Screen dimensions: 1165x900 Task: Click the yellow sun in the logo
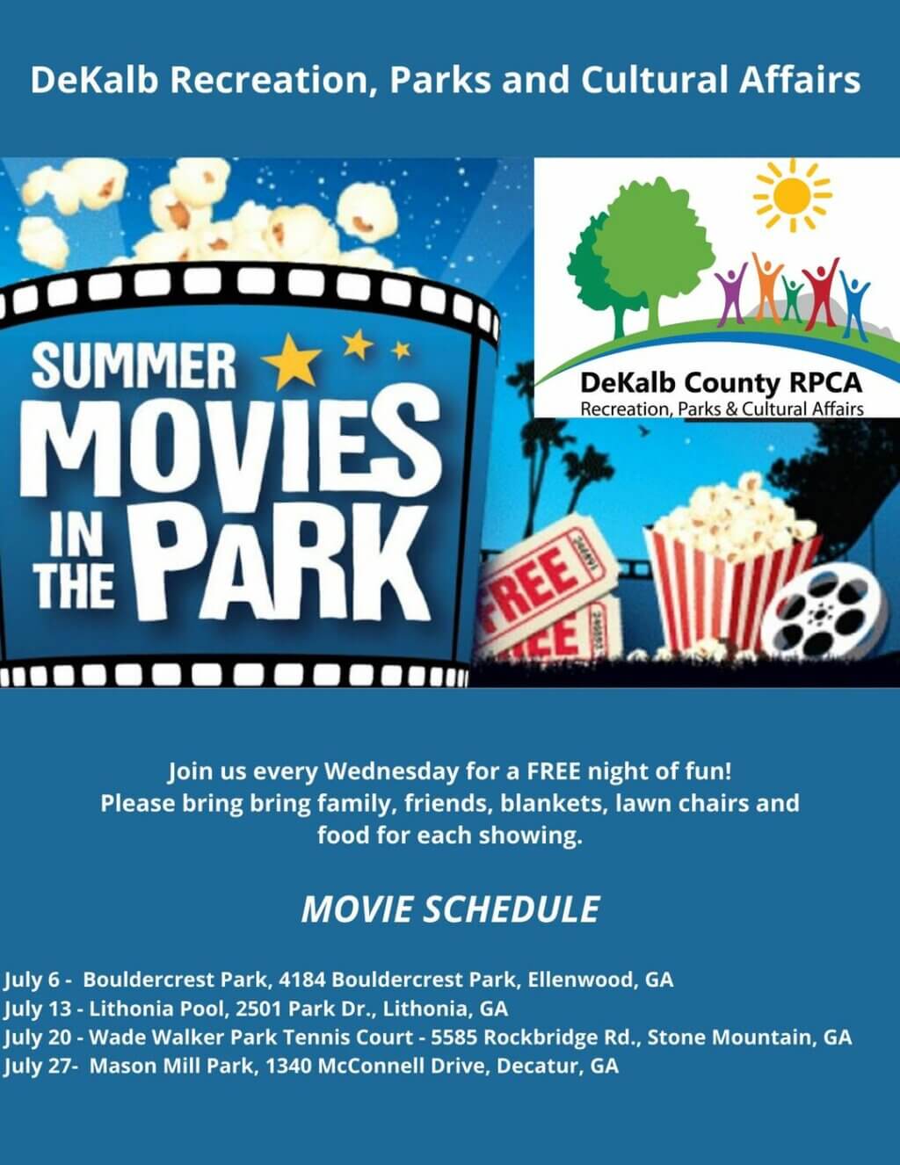(791, 194)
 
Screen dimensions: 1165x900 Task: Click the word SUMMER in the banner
(134, 367)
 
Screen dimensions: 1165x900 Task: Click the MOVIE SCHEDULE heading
(450, 909)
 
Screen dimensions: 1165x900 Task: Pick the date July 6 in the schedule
(32, 979)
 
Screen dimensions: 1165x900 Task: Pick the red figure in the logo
(821, 290)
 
